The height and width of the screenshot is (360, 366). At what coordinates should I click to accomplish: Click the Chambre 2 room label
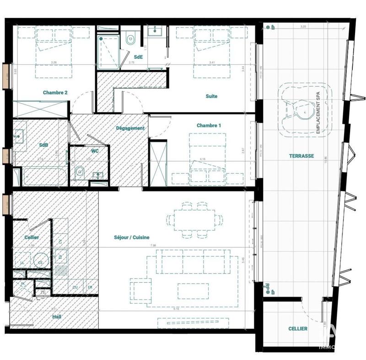55,93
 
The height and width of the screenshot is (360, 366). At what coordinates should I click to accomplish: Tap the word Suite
211,96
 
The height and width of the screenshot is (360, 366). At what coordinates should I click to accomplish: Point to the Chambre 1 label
209,125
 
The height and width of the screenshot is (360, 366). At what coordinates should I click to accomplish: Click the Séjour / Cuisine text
132,237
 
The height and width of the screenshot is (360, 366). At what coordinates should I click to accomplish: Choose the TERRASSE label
301,156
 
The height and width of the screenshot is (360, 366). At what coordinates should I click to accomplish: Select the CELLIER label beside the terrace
298,329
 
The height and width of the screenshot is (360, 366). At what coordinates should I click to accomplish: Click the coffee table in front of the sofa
193,290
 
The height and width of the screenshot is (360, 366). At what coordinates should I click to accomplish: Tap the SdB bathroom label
43,145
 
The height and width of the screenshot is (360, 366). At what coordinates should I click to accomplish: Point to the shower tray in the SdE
108,52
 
